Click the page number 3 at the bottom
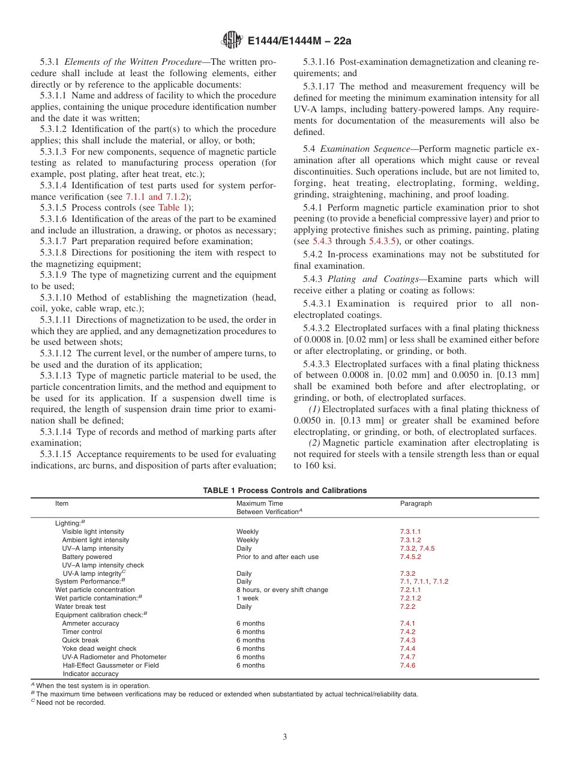285,737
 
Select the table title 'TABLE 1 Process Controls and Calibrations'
284,491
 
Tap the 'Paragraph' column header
416,504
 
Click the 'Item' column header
62,504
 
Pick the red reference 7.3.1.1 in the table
410,531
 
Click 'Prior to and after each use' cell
277,557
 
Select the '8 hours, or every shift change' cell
282,590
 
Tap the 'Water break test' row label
80,607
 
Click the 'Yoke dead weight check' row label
99,649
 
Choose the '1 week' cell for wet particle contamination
247,599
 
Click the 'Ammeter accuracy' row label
91,624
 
